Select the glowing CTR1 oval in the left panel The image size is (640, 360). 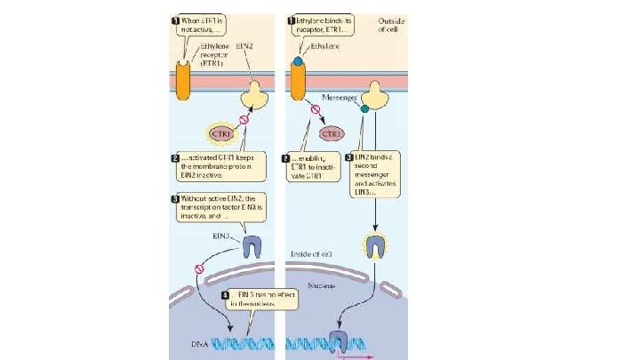220,134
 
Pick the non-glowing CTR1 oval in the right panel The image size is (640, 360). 331,134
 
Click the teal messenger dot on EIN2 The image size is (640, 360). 364,109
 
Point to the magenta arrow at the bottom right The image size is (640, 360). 354,355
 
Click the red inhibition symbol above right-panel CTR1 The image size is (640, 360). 314,110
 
